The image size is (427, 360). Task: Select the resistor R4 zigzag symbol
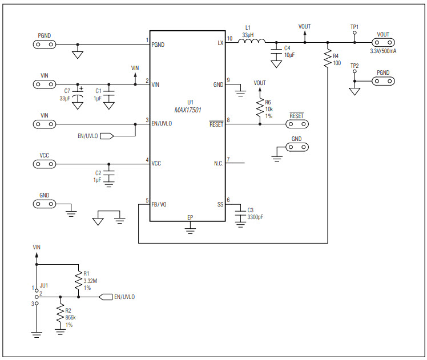(327, 59)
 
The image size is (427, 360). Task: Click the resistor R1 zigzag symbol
(78, 280)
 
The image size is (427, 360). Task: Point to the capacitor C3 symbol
(241, 213)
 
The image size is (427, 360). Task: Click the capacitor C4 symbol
(276, 51)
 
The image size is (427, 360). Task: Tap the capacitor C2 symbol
(110, 173)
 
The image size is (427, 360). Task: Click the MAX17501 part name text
(191, 109)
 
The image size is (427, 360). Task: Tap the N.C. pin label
(219, 164)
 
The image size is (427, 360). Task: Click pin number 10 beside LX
(229, 39)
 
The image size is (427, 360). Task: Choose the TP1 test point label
(355, 26)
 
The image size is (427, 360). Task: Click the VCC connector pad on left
(45, 164)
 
